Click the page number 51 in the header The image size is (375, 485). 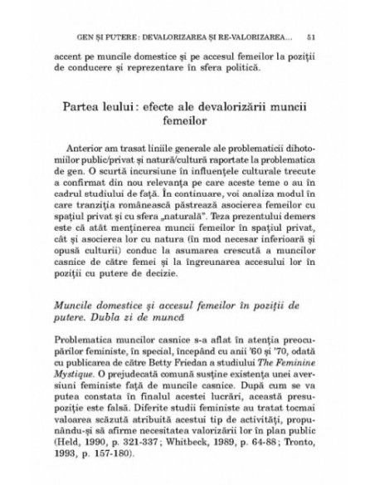(309, 37)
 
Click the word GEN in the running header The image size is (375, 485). (83, 37)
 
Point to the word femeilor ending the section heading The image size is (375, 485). (187, 124)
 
